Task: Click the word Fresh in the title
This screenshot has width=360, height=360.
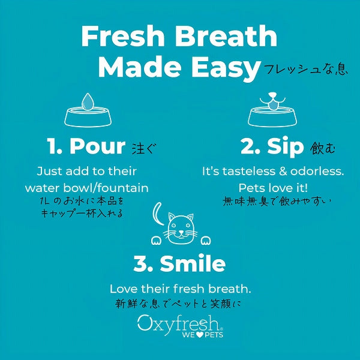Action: pyautogui.click(x=123, y=36)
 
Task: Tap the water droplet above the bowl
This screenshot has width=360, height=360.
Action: pyautogui.click(x=88, y=101)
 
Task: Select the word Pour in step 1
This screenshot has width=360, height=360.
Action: pyautogui.click(x=98, y=146)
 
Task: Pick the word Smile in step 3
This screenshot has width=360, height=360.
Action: pyautogui.click(x=193, y=263)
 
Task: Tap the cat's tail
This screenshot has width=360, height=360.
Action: pyautogui.click(x=157, y=214)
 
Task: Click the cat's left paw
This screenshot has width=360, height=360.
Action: pyautogui.click(x=156, y=241)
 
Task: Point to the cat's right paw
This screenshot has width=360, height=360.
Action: pyautogui.click(x=205, y=241)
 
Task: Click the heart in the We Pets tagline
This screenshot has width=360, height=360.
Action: pyautogui.click(x=200, y=335)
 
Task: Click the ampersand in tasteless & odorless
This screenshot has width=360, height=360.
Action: pyautogui.click(x=283, y=172)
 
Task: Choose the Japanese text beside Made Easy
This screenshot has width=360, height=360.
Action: pyautogui.click(x=306, y=70)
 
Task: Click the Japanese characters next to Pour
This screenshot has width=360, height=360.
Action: pyautogui.click(x=144, y=148)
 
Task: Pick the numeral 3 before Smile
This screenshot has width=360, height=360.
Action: pyautogui.click(x=140, y=263)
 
